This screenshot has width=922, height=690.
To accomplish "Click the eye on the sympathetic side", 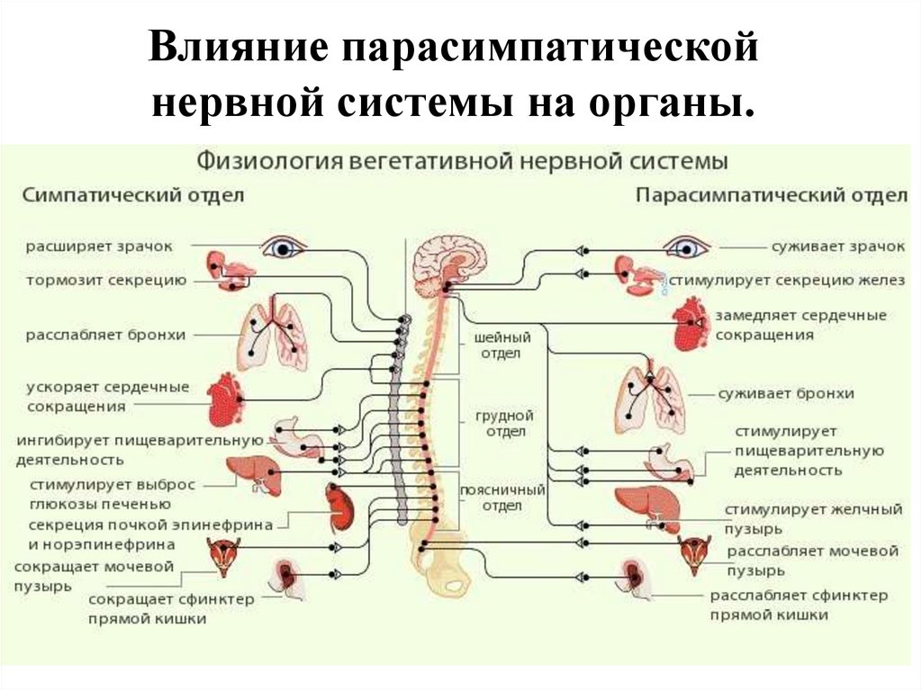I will tap(284, 246).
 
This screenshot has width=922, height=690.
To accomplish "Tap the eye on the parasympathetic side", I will tap(687, 246).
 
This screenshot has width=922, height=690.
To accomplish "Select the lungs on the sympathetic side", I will tap(272, 336).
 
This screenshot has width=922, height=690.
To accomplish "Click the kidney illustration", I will tap(340, 508).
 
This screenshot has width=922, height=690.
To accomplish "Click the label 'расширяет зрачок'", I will tap(99, 246).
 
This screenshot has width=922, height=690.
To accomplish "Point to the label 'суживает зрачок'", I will tap(837, 246).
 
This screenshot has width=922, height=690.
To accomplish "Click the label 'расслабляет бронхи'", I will tap(105, 335).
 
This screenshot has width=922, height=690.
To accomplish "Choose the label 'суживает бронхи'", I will tap(786, 393).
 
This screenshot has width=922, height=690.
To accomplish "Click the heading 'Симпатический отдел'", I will tap(132, 194).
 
